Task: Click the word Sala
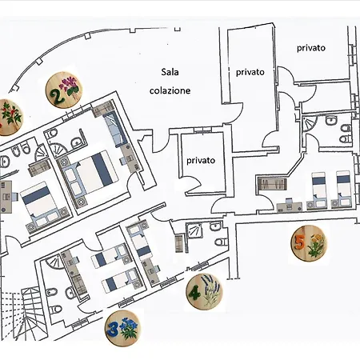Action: point(170,72)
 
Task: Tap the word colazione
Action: point(170,90)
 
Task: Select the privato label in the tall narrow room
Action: point(250,72)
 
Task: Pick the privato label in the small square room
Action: point(201,161)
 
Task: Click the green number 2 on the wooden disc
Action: point(58,96)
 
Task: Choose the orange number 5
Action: point(300,242)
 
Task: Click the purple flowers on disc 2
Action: point(70,85)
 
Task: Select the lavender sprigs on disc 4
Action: point(211,290)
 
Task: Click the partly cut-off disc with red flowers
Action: point(10,118)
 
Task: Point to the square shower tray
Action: point(194,230)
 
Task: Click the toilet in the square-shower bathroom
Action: point(221,242)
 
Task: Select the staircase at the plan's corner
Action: point(24,314)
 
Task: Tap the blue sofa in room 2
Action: point(115,129)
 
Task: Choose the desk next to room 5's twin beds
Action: point(290,206)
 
